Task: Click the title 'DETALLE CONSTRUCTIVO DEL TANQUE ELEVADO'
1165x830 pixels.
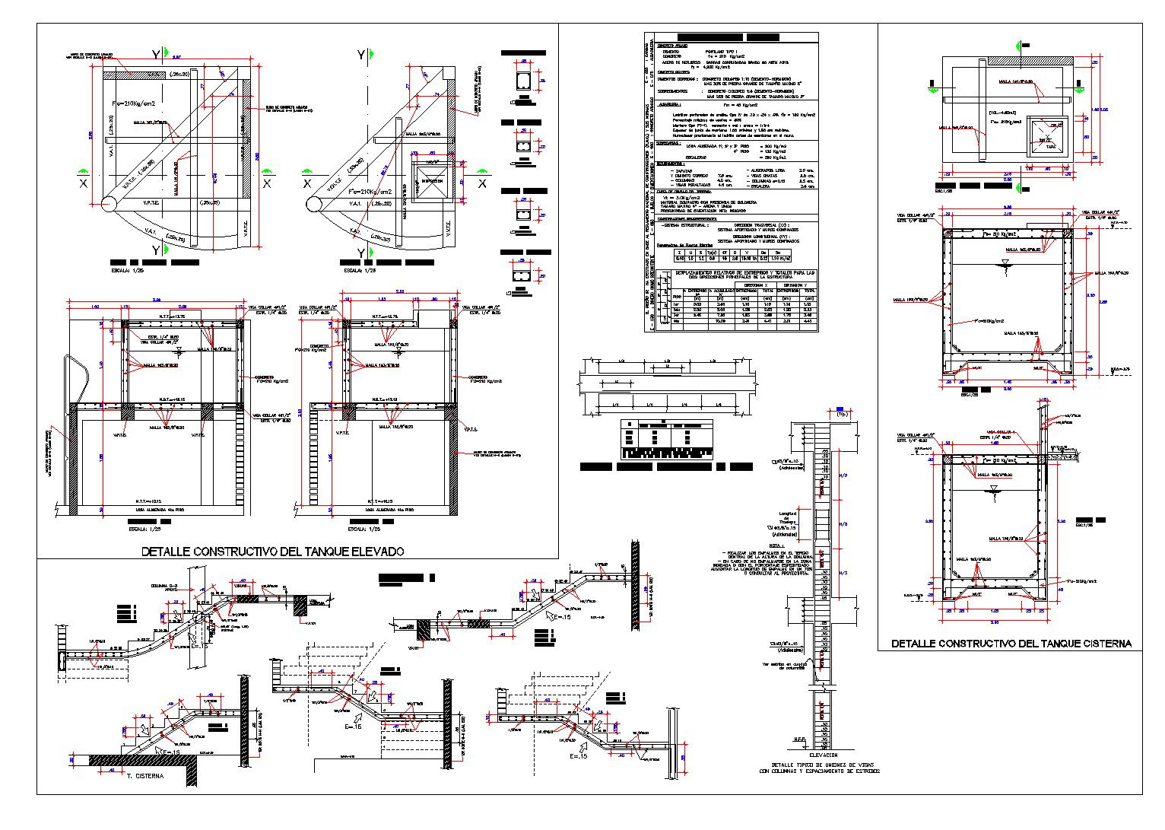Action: (272, 551)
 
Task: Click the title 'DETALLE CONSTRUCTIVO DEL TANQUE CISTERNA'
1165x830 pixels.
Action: (1011, 644)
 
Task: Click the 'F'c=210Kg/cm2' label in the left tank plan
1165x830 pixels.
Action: (133, 103)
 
